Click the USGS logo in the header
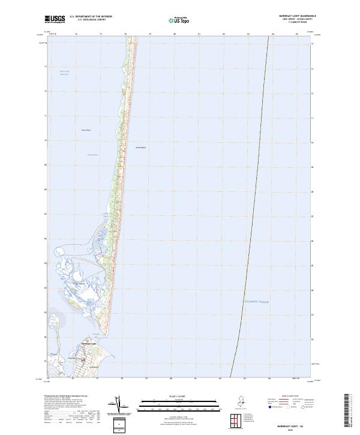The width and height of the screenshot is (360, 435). point(55,19)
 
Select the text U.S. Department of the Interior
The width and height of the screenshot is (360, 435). point(91,16)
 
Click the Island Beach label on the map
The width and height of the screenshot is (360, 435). point(140,147)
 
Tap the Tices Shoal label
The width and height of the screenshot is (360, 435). point(86,130)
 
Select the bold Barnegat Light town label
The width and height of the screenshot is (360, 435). point(89,343)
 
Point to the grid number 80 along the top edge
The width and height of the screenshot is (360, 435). point(175,34)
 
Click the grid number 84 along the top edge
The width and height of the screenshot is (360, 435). point(273,34)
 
